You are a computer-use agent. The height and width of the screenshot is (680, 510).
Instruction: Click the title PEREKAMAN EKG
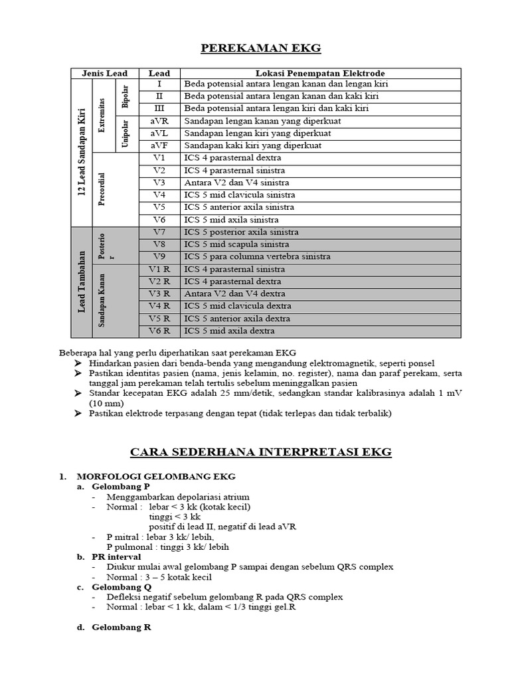(x=261, y=48)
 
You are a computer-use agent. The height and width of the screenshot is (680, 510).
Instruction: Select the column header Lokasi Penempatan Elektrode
(x=321, y=73)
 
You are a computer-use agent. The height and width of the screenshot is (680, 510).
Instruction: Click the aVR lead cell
(x=159, y=122)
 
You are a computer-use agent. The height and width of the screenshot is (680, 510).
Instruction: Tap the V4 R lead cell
(x=159, y=306)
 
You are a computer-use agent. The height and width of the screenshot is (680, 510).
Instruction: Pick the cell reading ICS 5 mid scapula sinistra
(x=242, y=244)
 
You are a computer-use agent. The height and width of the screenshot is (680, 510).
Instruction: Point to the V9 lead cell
(x=159, y=256)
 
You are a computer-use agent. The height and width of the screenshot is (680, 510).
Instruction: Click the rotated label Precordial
(x=102, y=189)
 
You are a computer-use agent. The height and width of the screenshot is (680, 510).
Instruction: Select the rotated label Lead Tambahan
(x=81, y=281)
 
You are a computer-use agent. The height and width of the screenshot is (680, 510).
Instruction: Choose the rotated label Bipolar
(x=126, y=97)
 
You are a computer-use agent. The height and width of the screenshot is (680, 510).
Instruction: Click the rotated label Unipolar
(x=126, y=133)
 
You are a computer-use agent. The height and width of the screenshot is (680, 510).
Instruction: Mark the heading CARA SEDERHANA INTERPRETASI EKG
(x=261, y=453)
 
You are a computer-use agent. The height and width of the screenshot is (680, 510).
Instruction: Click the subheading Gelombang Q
(x=122, y=587)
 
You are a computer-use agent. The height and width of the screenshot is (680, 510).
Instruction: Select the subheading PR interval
(x=117, y=556)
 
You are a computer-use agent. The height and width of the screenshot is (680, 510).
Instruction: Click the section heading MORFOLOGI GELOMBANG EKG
(x=156, y=477)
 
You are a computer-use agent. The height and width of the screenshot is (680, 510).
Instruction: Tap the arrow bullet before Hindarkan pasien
(x=78, y=364)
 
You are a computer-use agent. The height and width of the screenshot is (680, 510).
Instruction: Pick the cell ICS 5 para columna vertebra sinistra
(x=257, y=256)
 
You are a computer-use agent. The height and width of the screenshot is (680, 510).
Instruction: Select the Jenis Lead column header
(x=104, y=73)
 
